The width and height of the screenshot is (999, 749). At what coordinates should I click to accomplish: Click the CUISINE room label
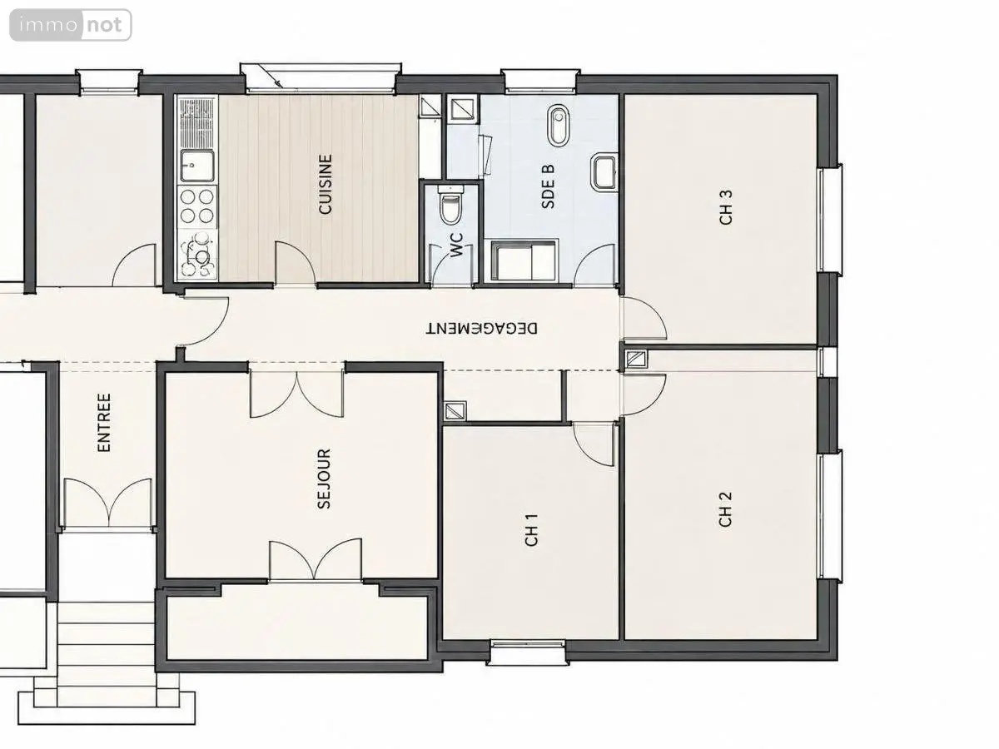pyautogui.click(x=326, y=184)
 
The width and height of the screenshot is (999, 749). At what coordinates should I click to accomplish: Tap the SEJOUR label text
pyautogui.click(x=324, y=479)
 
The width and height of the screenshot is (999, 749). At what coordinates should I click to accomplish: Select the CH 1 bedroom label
pyautogui.click(x=531, y=530)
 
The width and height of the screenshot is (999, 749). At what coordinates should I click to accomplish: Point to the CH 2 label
pyautogui.click(x=725, y=509)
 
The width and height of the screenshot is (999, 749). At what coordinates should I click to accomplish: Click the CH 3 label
pyautogui.click(x=726, y=207)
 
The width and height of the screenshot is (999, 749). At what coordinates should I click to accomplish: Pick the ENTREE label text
pyautogui.click(x=104, y=423)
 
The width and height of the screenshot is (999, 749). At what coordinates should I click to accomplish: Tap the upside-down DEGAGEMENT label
pyautogui.click(x=481, y=329)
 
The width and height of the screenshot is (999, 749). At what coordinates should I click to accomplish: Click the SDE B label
pyautogui.click(x=549, y=186)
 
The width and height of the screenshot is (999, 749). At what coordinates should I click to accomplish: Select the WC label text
pyautogui.click(x=456, y=245)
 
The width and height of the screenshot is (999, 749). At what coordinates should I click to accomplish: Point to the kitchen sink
pyautogui.click(x=197, y=166)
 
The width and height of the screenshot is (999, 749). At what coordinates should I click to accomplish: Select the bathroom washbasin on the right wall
pyautogui.click(x=604, y=172)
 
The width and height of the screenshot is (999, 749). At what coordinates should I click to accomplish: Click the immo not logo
pyautogui.click(x=71, y=25)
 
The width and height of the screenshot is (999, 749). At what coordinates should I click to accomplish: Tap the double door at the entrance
pyautogui.click(x=108, y=503)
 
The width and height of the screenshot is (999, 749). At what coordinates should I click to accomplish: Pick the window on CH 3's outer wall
pyautogui.click(x=830, y=220)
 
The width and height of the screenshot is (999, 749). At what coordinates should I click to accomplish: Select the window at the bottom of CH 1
pyautogui.click(x=528, y=652)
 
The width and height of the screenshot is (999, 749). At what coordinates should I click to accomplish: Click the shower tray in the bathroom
pyautogui.click(x=524, y=261)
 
